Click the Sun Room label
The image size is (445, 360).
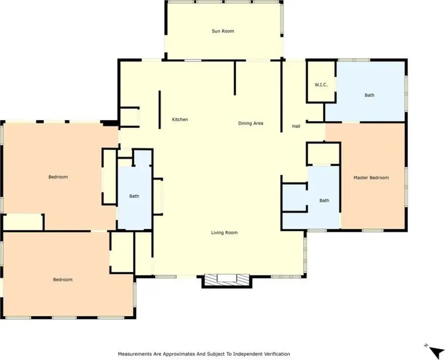point(223,31)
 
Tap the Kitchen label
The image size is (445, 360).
point(180,120)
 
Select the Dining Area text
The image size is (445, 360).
point(250,123)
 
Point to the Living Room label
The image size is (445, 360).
point(224,232)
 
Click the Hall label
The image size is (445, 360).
point(296,126)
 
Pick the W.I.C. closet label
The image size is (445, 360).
point(321,84)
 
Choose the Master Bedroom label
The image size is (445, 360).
point(371,178)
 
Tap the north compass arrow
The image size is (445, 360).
point(434,351)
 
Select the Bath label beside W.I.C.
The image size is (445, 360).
point(369,95)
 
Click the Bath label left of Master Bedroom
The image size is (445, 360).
point(324,200)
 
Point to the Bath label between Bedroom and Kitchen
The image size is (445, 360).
point(134,196)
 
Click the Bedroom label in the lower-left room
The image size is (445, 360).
point(63,279)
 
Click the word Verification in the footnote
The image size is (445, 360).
point(277,354)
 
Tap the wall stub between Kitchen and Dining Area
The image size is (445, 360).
point(235,78)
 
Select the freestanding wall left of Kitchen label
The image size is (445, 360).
point(159,110)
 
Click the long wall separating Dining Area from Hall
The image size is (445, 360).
point(281,96)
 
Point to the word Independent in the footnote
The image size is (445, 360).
point(250,354)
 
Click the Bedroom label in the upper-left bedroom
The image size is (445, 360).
point(58,177)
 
